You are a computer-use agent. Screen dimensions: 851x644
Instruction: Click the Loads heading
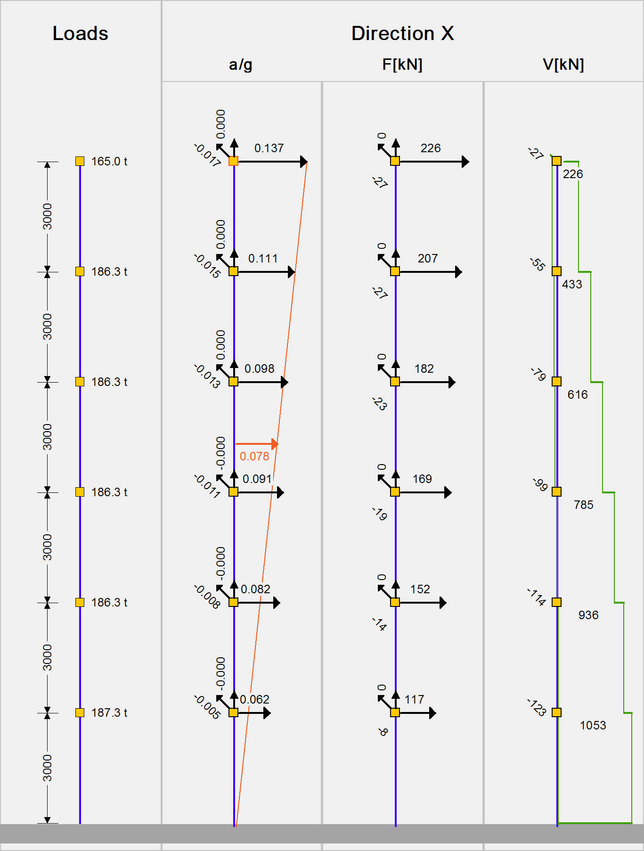(80, 33)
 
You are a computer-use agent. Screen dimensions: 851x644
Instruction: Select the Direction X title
(402, 33)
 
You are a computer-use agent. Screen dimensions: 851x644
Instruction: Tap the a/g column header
(240, 65)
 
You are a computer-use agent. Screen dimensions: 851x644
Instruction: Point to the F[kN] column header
(402, 65)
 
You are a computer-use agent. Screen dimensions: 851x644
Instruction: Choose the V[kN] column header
(563, 65)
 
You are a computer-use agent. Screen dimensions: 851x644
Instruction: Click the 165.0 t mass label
(109, 162)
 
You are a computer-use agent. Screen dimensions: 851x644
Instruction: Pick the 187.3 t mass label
(109, 713)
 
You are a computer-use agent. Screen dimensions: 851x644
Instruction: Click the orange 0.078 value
(254, 457)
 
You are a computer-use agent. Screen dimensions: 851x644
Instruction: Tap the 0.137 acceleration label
(269, 148)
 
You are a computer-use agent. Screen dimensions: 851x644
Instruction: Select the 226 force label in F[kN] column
(431, 148)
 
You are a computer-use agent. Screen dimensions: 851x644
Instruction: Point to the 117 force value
(414, 700)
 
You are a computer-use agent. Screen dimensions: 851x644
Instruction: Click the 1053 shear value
(593, 726)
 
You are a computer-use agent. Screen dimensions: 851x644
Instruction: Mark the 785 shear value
(584, 505)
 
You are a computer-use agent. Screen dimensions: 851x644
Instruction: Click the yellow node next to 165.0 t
(80, 162)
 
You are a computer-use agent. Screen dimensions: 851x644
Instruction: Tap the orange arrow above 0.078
(257, 444)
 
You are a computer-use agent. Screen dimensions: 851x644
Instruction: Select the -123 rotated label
(537, 707)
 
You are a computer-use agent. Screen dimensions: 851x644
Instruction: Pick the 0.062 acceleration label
(254, 700)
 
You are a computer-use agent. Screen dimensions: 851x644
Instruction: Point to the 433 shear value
(572, 285)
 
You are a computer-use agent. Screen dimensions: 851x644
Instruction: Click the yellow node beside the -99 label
(557, 492)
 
